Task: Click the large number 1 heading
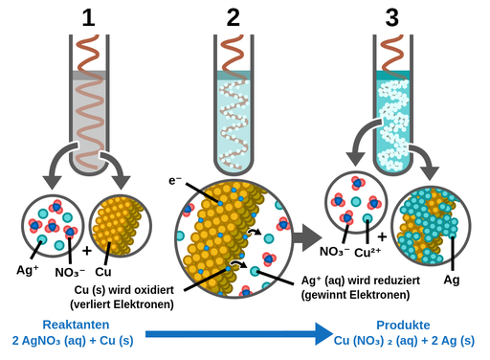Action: pyautogui.click(x=88, y=18)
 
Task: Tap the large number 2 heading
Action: pyautogui.click(x=234, y=18)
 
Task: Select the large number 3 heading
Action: pyautogui.click(x=392, y=18)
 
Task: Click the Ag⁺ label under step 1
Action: pyautogui.click(x=28, y=270)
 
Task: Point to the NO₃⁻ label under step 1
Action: pyautogui.click(x=70, y=273)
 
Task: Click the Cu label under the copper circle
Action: pyautogui.click(x=103, y=272)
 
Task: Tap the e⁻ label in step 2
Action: pyautogui.click(x=175, y=181)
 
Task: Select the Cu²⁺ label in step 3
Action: pyautogui.click(x=367, y=253)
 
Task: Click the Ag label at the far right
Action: pyautogui.click(x=452, y=280)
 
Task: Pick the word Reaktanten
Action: pyautogui.click(x=76, y=325)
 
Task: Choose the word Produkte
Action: pyautogui.click(x=403, y=325)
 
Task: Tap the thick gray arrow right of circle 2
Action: pyautogui.click(x=307, y=237)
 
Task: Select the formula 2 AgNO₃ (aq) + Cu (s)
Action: pyautogui.click(x=73, y=341)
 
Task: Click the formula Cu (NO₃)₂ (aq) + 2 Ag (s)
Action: pyautogui.click(x=404, y=341)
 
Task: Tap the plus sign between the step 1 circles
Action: pyautogui.click(x=87, y=251)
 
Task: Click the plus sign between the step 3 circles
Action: pyautogui.click(x=382, y=236)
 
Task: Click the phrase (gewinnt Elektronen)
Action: pyautogui.click(x=355, y=295)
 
